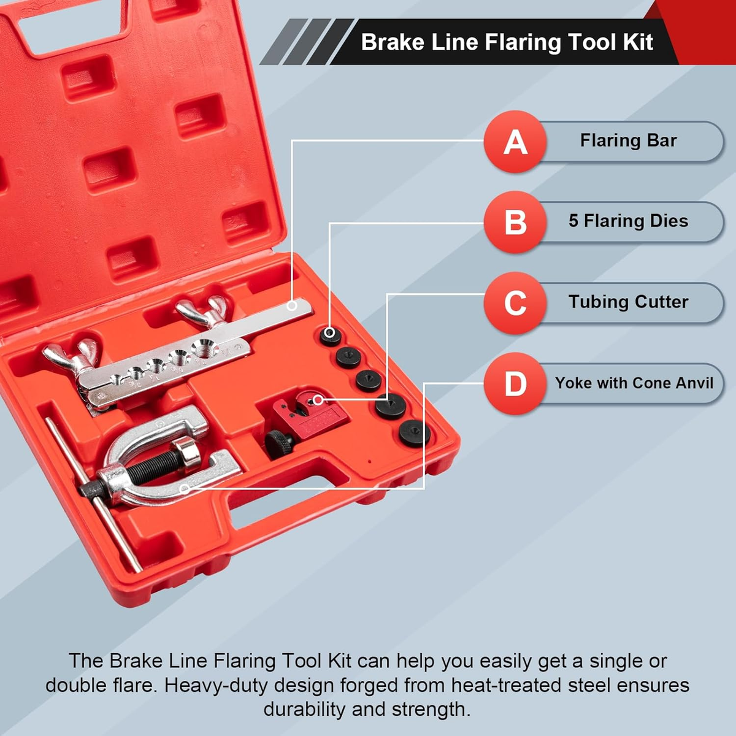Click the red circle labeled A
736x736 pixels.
pyautogui.click(x=515, y=142)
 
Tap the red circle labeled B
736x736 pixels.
pyautogui.click(x=515, y=222)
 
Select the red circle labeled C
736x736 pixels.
pyautogui.click(x=515, y=303)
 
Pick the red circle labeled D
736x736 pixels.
pyautogui.click(x=515, y=383)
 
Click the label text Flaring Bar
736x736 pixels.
pyautogui.click(x=628, y=140)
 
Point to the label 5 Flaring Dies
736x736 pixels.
pyautogui.click(x=628, y=221)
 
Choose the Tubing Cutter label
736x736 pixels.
pyautogui.click(x=628, y=302)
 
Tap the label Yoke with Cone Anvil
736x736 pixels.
pyautogui.click(x=634, y=383)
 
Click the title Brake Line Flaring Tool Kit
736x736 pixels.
pyautogui.click(x=507, y=42)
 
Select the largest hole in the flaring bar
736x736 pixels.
pyautogui.click(x=205, y=348)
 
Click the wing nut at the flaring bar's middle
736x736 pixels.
pyautogui.click(x=202, y=311)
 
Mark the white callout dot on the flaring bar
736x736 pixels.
pyautogui.click(x=292, y=305)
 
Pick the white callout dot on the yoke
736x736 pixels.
pyautogui.click(x=185, y=488)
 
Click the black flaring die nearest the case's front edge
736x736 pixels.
pyautogui.click(x=415, y=433)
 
